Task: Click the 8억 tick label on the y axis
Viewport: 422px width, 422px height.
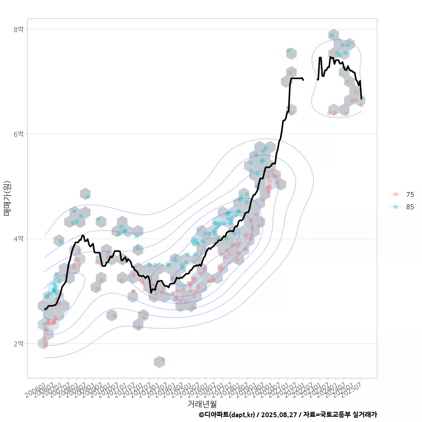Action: (x=18, y=29)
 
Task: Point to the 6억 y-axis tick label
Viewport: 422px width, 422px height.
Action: (x=18, y=134)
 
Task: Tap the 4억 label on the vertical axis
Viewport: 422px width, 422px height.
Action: (x=18, y=239)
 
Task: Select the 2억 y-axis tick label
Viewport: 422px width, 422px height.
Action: (x=18, y=343)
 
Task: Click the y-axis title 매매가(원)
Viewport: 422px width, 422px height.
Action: (x=7, y=198)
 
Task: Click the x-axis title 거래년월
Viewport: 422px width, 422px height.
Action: (x=202, y=404)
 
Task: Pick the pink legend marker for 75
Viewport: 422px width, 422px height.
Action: (x=396, y=194)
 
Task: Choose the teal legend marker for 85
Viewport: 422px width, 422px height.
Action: (x=396, y=207)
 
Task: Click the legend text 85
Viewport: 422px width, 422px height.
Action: (x=410, y=207)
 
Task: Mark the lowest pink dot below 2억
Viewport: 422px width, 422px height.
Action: (x=163, y=360)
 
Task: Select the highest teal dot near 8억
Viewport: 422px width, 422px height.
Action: (x=331, y=36)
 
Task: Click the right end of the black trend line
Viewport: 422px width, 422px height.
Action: (x=361, y=98)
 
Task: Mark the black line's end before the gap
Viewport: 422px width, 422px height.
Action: (x=303, y=80)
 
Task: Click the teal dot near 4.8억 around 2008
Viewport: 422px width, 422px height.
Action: (x=87, y=196)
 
